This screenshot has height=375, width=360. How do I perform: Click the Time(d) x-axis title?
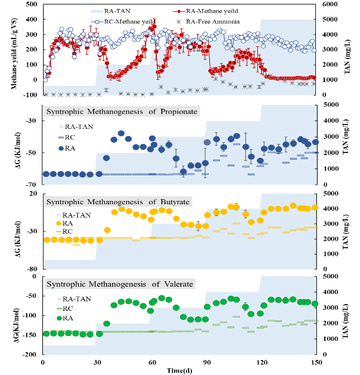(x=180, y=370)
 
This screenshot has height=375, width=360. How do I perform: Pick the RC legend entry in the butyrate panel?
(x=68, y=231)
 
